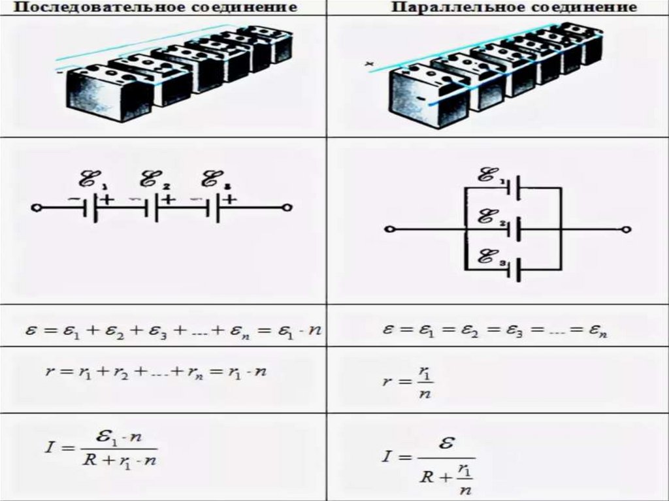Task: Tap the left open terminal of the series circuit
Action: (x=37, y=208)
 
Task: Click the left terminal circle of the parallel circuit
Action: (x=389, y=230)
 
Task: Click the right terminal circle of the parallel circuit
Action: (x=627, y=230)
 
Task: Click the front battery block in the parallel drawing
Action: (x=425, y=98)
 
